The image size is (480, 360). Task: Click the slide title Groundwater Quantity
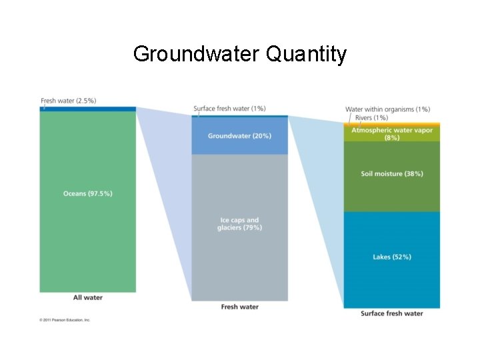(239, 53)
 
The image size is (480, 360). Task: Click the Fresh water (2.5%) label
(69, 101)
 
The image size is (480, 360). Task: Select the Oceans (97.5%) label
(88, 193)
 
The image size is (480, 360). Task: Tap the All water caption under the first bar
(88, 297)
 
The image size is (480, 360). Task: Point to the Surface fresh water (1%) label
(229, 108)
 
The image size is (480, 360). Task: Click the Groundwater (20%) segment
(239, 136)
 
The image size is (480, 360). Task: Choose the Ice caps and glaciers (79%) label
(239, 223)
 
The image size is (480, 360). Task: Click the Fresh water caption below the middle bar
(239, 307)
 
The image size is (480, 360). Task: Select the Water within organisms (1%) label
(387, 109)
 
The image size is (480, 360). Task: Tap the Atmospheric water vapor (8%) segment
(391, 133)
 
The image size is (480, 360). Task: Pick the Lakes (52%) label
(391, 257)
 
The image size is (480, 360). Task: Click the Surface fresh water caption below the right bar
(391, 313)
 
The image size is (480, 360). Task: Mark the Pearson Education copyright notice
(65, 320)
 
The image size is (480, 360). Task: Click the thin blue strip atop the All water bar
(88, 109)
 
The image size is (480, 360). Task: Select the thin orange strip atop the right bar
(391, 124)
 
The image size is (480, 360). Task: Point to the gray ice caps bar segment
(239, 267)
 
